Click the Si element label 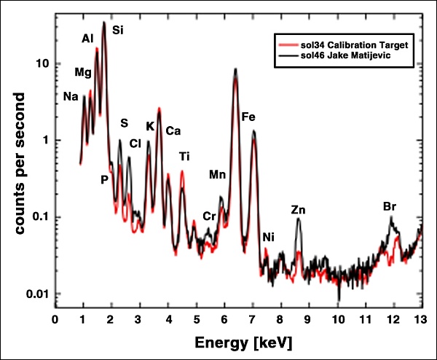[x=117, y=30]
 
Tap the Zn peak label [x=298, y=210]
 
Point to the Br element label [x=390, y=207]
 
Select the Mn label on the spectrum [x=217, y=175]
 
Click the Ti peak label [x=184, y=157]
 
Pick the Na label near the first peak [x=71, y=96]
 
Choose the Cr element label [x=209, y=216]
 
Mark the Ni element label [x=268, y=238]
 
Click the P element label [x=104, y=180]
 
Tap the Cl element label [x=135, y=144]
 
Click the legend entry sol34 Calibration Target [x=354, y=45]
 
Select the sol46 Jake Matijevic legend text [x=345, y=55]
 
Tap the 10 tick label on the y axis [x=42, y=64]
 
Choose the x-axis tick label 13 [x=420, y=320]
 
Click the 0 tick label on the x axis [x=55, y=320]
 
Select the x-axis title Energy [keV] [x=243, y=343]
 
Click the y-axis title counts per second [x=20, y=163]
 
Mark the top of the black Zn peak [x=299, y=219]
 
